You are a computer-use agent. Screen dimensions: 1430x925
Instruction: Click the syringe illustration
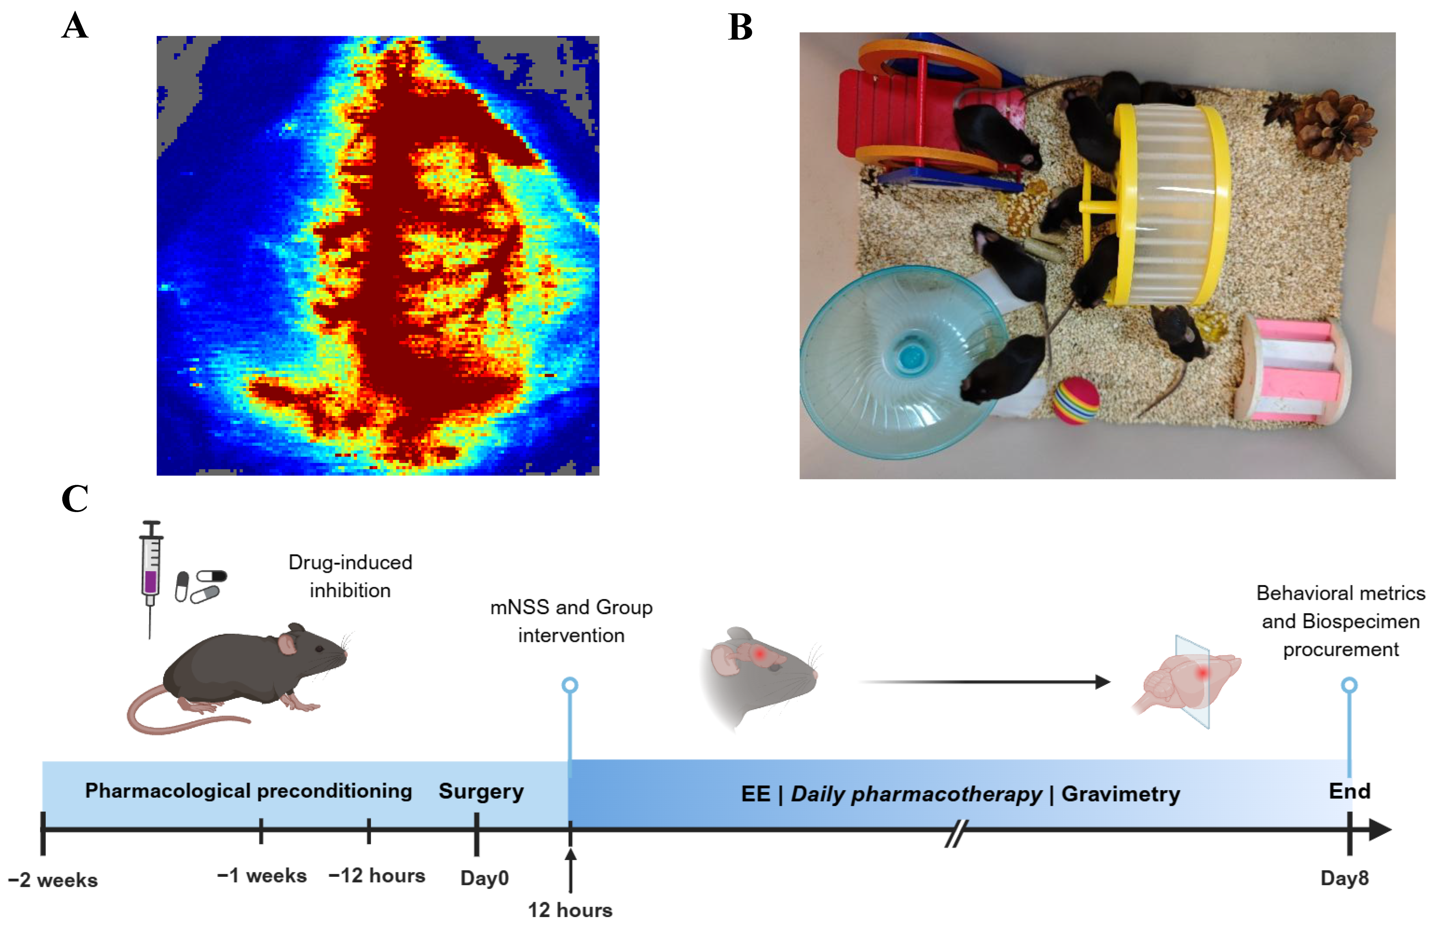(x=151, y=576)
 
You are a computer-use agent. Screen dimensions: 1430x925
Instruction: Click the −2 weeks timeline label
(x=53, y=880)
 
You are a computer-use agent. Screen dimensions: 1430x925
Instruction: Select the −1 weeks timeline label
(x=262, y=876)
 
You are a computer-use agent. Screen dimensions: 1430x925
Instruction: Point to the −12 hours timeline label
(x=377, y=876)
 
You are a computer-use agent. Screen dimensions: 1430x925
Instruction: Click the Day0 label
(x=484, y=878)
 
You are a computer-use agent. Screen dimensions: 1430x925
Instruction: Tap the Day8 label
(x=1345, y=878)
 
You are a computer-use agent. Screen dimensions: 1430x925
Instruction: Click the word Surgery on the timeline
(x=481, y=791)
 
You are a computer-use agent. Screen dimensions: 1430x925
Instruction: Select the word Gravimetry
(x=1121, y=794)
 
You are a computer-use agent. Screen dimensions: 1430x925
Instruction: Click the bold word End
(x=1350, y=791)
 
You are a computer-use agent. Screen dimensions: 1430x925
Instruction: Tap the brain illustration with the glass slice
(x=1187, y=682)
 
